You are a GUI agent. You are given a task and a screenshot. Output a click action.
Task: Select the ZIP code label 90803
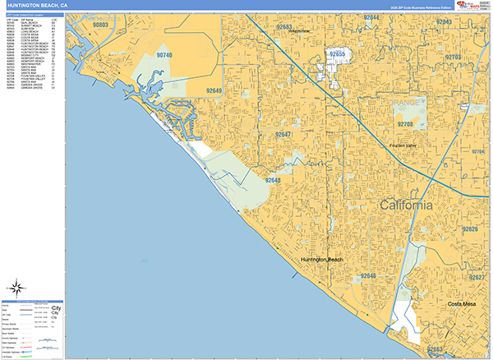tap(101, 25)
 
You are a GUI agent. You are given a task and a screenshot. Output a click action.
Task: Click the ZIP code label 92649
tap(214, 91)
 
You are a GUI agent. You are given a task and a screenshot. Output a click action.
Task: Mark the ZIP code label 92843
tap(443, 21)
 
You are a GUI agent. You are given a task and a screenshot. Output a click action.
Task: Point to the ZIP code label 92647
tap(283, 134)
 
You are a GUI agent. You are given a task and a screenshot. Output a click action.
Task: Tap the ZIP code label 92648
tap(273, 180)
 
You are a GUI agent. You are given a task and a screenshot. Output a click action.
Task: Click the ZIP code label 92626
tap(470, 228)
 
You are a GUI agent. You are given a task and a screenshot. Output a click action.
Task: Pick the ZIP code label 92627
tap(477, 278)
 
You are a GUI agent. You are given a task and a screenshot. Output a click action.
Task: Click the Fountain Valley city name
tap(407, 146)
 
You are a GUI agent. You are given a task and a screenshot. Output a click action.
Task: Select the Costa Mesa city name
tap(463, 305)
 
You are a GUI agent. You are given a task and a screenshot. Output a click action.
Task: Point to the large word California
tap(403, 205)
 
